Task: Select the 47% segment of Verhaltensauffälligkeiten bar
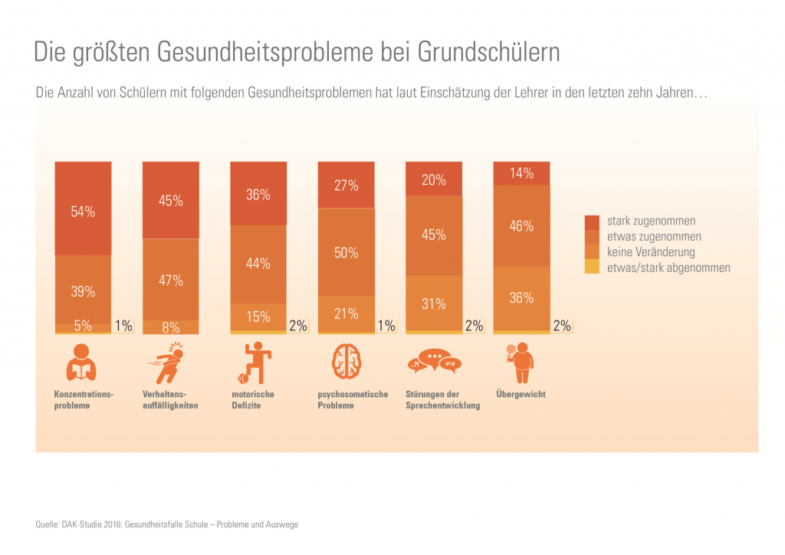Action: point(171,280)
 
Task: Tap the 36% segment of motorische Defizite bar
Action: point(258,194)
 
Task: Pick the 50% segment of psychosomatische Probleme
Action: point(347,252)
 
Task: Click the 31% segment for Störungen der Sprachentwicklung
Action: point(434,304)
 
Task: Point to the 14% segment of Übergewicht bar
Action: point(521,173)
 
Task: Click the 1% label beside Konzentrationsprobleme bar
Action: point(123,326)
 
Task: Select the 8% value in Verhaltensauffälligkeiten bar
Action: point(171,327)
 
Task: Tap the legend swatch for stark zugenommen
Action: point(592,222)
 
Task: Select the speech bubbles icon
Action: point(434,361)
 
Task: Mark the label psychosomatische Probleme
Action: point(353,399)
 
